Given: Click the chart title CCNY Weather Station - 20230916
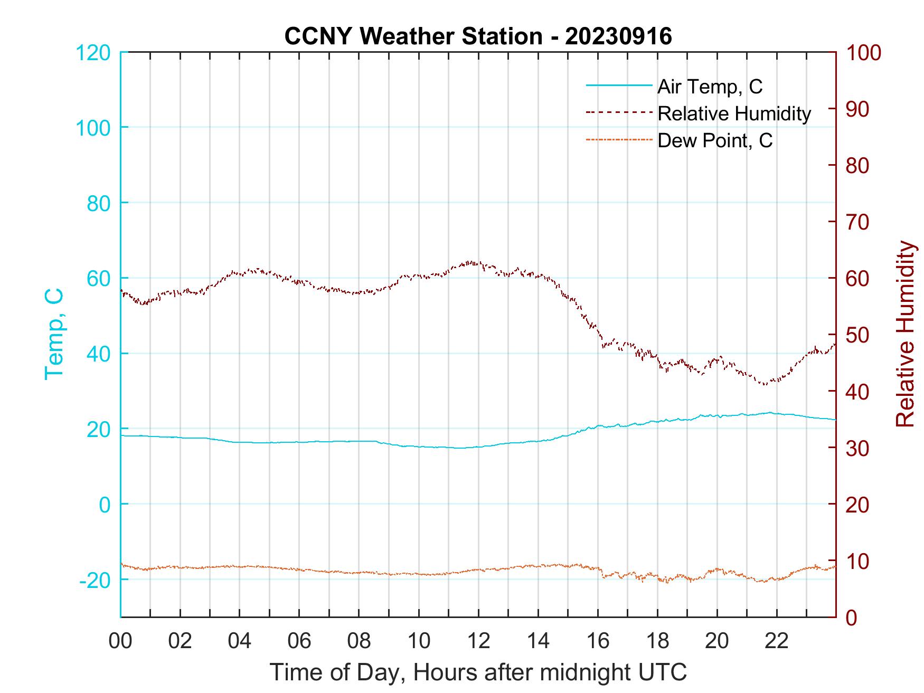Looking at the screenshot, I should point(478,36).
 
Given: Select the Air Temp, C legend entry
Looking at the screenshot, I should point(710,87).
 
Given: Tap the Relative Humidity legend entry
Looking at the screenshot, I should point(734,113).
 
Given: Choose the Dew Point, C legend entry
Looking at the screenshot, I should point(715,141).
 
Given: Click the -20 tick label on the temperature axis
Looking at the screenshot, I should point(95,580).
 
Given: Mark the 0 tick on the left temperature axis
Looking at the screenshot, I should point(105,505).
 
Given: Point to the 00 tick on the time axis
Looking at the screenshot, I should point(120,641).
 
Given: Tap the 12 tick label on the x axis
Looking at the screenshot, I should point(478,641).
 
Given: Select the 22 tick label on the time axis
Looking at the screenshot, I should point(777,641).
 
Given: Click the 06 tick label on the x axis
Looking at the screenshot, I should point(299,641).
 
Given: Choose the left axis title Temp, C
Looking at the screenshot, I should point(54,334).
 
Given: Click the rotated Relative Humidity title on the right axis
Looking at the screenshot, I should point(905,334).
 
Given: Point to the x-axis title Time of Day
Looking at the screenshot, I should point(478,672).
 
